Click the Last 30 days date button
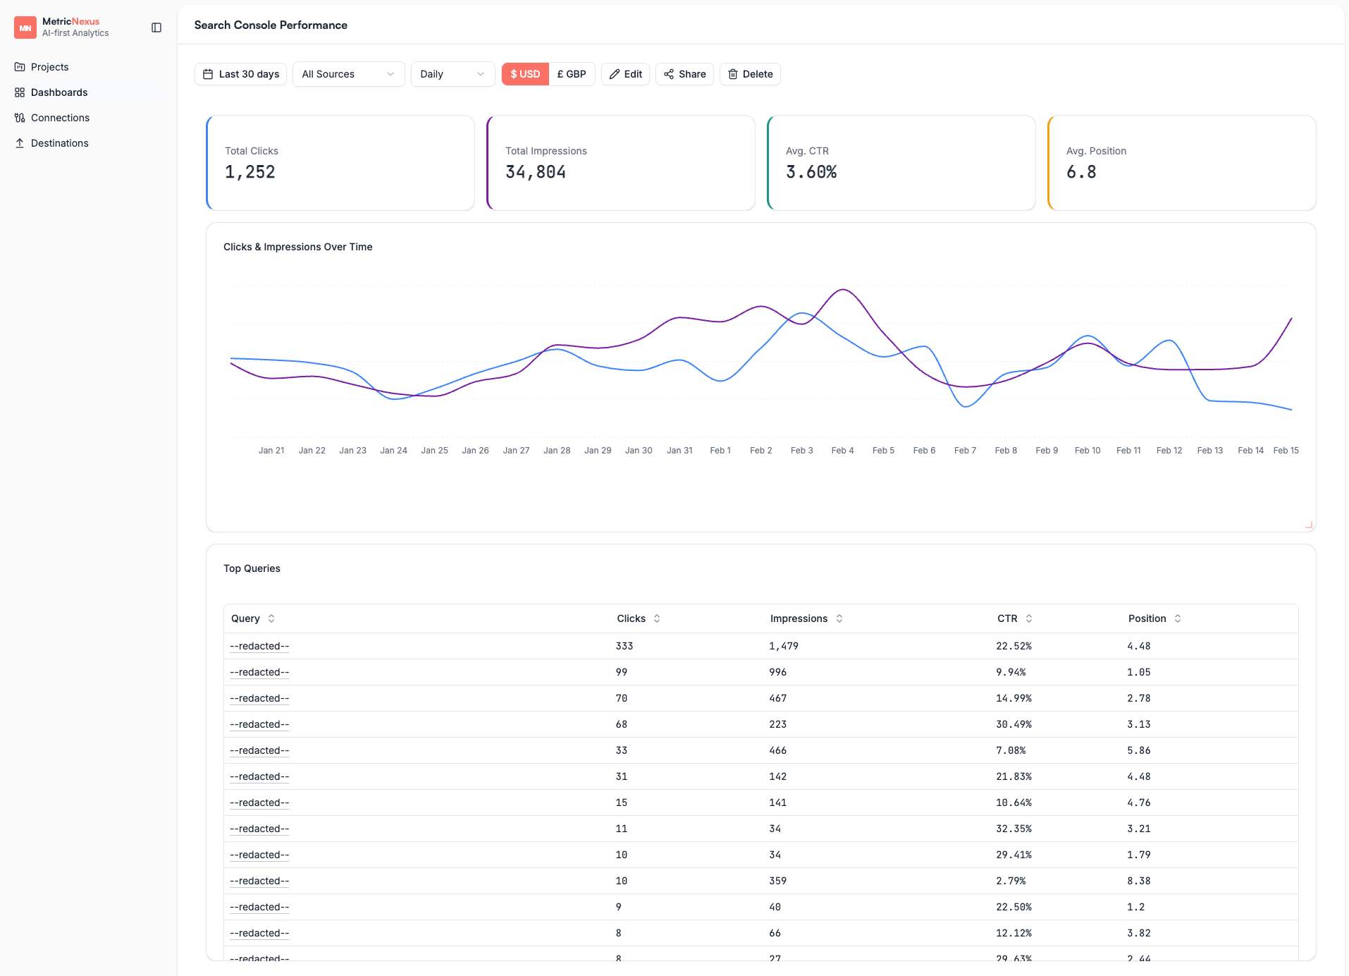240,74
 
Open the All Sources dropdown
348,74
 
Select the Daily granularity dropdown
452,74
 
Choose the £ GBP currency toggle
572,74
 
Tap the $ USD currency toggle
525,74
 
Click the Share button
684,74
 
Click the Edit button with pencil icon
625,74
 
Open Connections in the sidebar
60,118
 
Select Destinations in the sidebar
59,143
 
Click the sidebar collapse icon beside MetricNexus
156,28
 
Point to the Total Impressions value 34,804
535,172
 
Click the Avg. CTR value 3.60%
811,172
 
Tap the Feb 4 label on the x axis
842,451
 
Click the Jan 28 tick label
557,451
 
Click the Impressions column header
799,618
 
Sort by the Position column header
1147,618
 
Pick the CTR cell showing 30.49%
1014,724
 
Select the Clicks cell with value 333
624,646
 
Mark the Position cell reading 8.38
1138,881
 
